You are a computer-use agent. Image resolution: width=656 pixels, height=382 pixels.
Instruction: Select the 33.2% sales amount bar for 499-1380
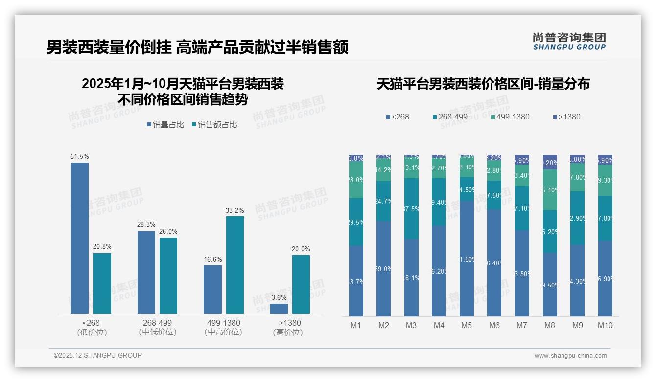click(x=235, y=265)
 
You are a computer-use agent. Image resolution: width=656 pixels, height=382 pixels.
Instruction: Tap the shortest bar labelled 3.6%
click(x=279, y=309)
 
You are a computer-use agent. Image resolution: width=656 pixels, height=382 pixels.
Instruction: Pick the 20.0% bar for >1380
click(x=301, y=284)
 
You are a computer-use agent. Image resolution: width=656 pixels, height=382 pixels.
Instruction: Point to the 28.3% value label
click(x=146, y=225)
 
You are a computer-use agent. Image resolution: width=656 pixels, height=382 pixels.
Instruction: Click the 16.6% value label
click(x=213, y=260)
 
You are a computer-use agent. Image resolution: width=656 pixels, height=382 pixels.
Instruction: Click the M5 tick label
click(x=467, y=326)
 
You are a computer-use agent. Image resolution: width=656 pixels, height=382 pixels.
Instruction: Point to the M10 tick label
click(x=605, y=326)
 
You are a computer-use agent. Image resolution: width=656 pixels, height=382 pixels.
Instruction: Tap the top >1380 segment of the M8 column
click(x=550, y=162)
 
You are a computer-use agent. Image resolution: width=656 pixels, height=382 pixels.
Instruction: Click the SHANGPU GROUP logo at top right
click(x=569, y=42)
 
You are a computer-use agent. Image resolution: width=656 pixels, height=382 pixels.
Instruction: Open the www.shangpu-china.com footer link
click(x=570, y=356)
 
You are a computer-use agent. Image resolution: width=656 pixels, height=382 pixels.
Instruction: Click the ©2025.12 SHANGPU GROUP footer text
click(x=98, y=356)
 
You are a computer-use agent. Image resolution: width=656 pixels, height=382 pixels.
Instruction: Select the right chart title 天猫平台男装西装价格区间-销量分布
click(x=483, y=84)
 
